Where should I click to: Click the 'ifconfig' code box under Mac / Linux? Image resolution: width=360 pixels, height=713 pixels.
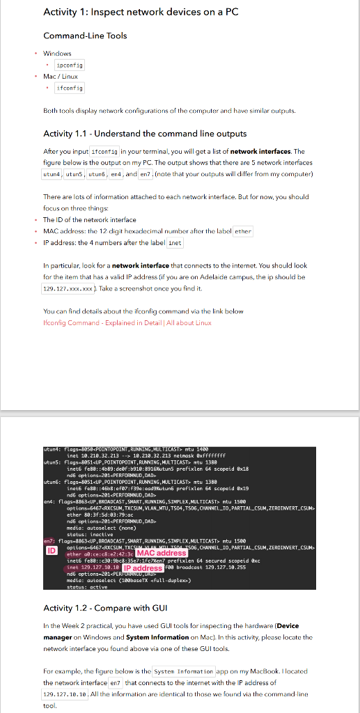pos(70,88)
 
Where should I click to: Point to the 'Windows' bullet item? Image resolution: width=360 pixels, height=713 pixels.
pos(57,53)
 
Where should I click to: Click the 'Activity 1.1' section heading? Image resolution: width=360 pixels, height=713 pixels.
pos(155,134)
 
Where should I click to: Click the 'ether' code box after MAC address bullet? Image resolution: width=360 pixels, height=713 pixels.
pos(242,231)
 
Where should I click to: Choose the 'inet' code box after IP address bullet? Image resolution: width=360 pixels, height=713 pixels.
pos(175,242)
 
